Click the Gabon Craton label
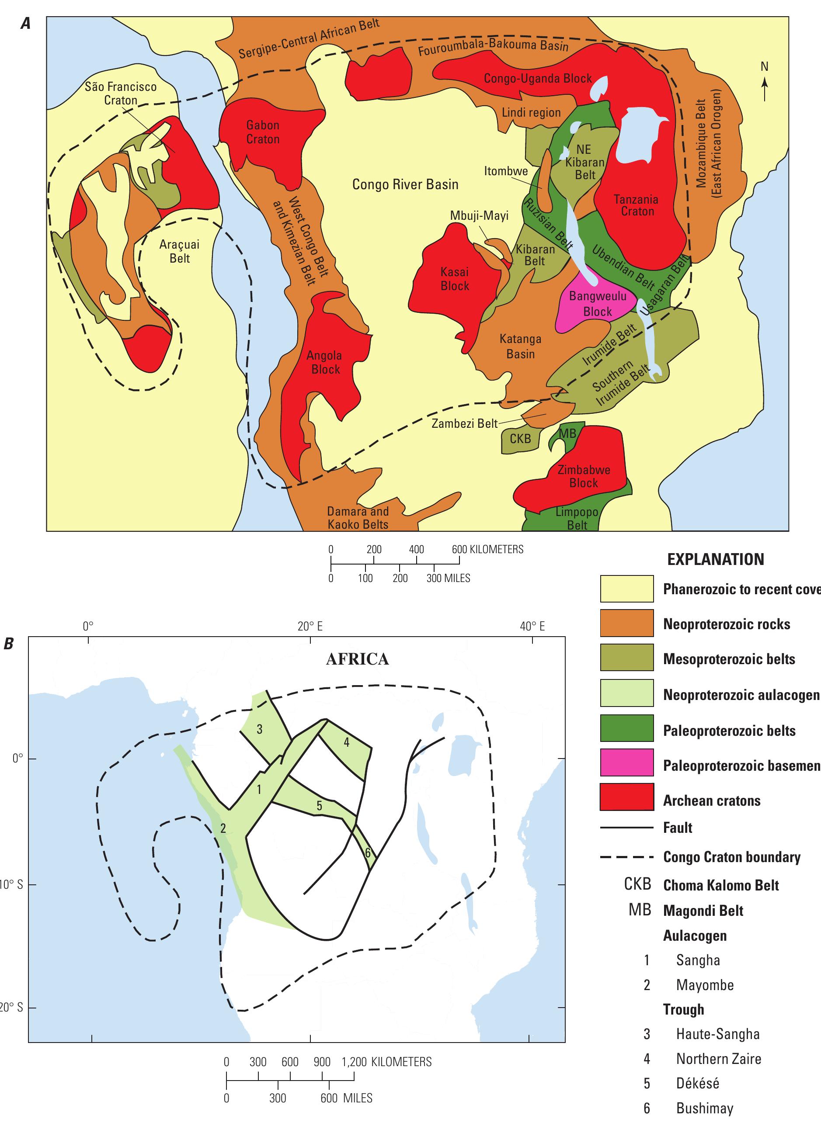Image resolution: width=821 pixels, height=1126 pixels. [x=263, y=132]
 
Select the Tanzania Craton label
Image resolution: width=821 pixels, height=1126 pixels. [x=636, y=205]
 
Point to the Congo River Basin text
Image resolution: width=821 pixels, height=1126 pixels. [x=405, y=184]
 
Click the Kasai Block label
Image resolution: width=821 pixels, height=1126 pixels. [x=455, y=279]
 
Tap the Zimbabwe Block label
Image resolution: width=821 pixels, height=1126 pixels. [x=584, y=476]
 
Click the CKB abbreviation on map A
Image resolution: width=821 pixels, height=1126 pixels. [x=520, y=439]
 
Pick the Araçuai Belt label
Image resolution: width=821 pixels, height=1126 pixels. [x=179, y=251]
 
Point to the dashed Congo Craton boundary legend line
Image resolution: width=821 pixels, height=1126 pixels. [x=627, y=857]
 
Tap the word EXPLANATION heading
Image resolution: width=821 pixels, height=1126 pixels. [x=715, y=559]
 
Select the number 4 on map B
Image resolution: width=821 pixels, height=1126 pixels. [x=347, y=742]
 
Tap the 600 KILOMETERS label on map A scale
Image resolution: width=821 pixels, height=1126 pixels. [x=487, y=549]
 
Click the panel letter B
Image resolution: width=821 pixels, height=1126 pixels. [x=8, y=644]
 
